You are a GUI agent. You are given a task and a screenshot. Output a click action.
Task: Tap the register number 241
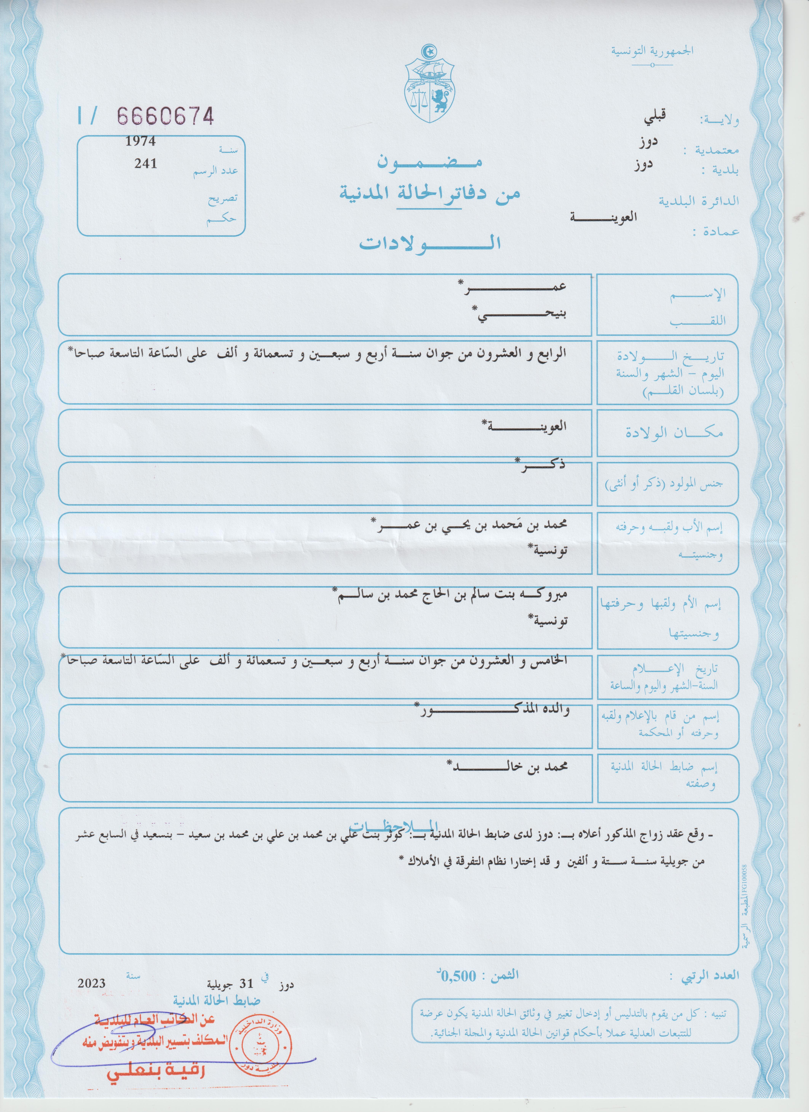coord(146,164)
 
